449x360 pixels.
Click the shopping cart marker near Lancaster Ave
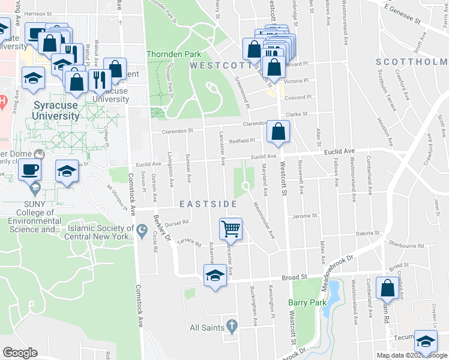(231, 229)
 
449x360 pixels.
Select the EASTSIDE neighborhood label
(209, 204)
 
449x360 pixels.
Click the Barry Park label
(307, 302)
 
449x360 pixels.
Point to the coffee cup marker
(29, 169)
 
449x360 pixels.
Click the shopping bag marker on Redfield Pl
(279, 132)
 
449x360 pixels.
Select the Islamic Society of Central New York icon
(142, 229)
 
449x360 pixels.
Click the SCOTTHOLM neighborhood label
(412, 62)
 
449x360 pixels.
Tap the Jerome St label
(304, 216)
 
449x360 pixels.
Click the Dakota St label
(369, 233)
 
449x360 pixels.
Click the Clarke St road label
(296, 113)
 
